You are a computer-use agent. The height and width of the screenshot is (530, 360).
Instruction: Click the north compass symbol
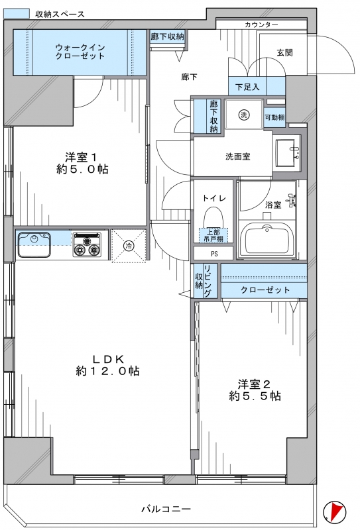(x=335, y=510)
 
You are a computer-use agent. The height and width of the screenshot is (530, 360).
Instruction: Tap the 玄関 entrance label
(x=284, y=53)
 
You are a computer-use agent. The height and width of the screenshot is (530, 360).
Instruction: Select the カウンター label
(x=261, y=25)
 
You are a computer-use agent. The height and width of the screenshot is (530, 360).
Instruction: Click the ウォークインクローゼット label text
(x=80, y=52)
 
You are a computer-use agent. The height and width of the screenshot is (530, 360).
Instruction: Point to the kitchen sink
(x=34, y=244)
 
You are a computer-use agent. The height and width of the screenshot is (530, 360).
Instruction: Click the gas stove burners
(x=87, y=245)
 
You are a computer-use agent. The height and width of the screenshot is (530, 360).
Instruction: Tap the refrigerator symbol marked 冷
(x=129, y=246)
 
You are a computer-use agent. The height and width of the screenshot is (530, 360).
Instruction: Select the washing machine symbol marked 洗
(x=243, y=115)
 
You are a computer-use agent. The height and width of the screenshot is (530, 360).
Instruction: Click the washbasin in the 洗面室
(x=287, y=153)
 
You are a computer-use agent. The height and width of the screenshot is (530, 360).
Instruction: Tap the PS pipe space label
(x=214, y=254)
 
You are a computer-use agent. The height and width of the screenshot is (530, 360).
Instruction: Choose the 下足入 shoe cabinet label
(x=247, y=87)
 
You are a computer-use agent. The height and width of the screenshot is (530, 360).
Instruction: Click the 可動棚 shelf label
(x=274, y=118)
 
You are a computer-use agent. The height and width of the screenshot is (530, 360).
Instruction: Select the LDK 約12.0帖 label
(x=108, y=366)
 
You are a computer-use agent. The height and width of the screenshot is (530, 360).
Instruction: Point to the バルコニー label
(x=166, y=509)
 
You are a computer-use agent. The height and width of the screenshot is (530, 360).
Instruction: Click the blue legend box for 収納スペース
(x=16, y=13)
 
